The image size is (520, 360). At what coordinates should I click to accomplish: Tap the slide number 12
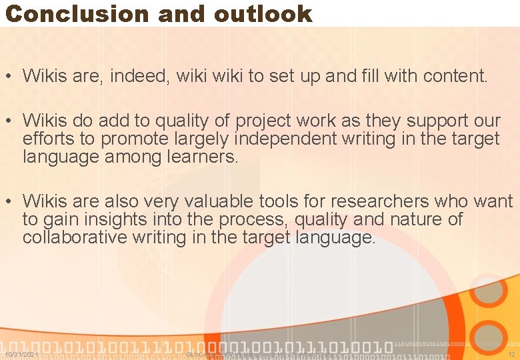pos(511,355)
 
